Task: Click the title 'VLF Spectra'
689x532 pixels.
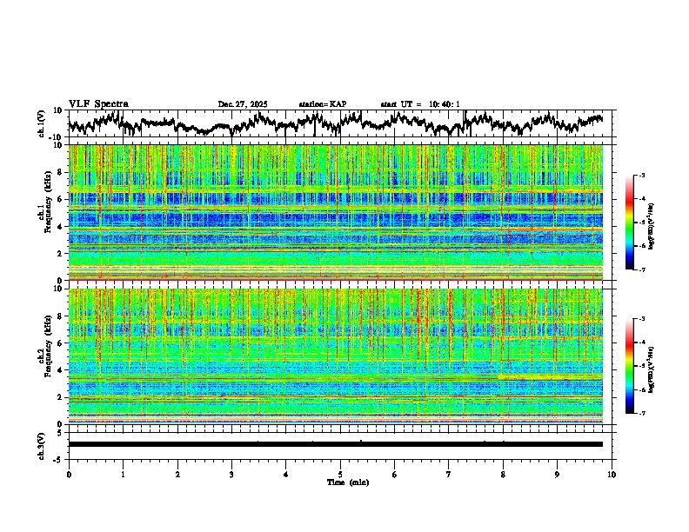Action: [x=98, y=103]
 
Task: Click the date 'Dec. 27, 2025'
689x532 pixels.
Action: [x=243, y=104]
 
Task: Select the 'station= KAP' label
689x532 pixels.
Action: [x=322, y=104]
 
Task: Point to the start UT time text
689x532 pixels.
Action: [x=420, y=104]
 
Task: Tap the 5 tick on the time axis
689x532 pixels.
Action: [x=340, y=474]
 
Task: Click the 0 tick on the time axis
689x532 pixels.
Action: [x=69, y=474]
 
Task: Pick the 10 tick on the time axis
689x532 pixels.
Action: [x=612, y=474]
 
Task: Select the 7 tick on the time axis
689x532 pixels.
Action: [x=449, y=474]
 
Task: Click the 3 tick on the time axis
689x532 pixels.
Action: [x=231, y=474]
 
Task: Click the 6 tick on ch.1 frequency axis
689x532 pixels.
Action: [x=62, y=199]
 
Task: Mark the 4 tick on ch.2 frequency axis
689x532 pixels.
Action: [x=62, y=370]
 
